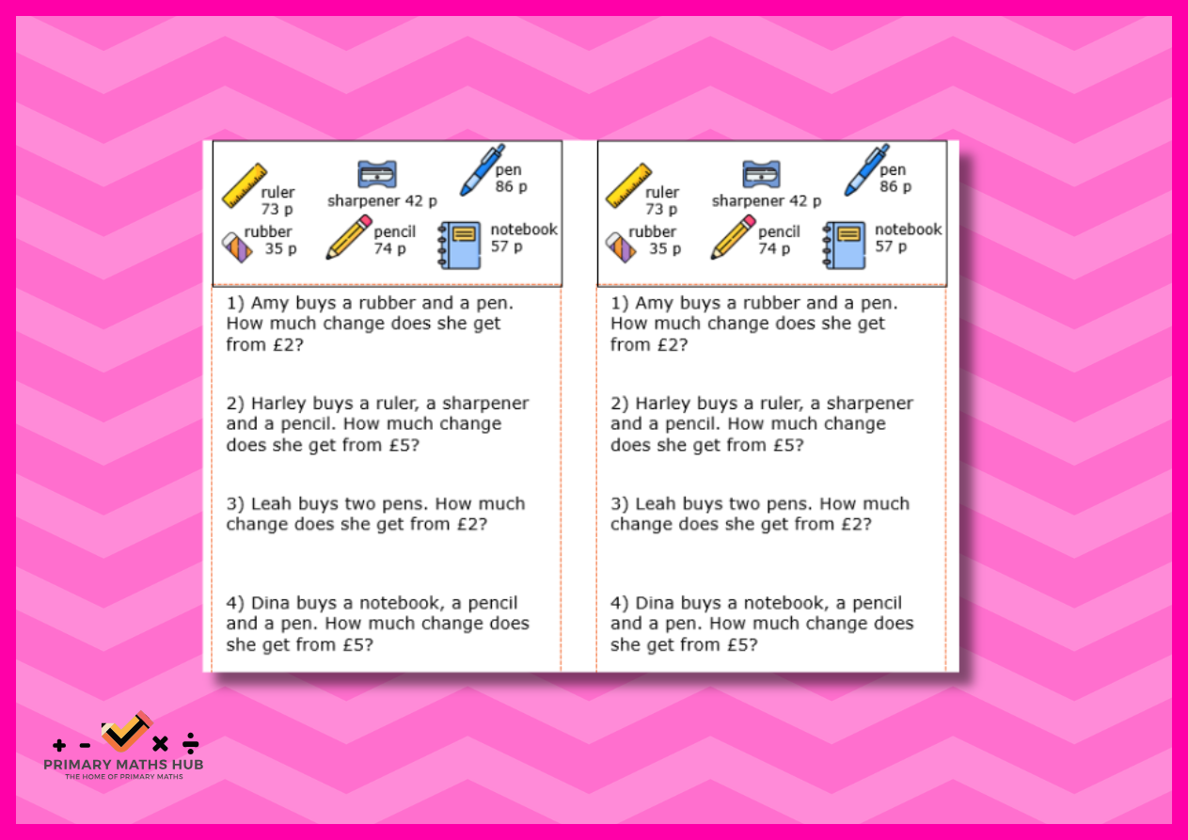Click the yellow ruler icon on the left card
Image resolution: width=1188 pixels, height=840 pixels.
point(244,185)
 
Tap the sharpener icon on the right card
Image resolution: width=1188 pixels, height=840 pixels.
point(761,174)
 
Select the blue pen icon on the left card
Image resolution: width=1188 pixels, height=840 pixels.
point(482,169)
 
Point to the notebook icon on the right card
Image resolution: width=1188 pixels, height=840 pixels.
point(845,246)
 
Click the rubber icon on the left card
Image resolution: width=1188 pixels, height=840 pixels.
point(236,247)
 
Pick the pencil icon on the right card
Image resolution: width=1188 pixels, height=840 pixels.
point(733,237)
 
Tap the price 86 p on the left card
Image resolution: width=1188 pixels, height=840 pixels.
point(512,186)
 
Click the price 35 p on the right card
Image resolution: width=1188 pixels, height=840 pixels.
point(664,248)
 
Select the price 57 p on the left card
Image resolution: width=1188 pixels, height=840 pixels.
point(506,246)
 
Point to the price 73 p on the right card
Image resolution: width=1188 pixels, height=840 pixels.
point(661,209)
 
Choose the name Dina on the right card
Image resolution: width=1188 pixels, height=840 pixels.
point(655,603)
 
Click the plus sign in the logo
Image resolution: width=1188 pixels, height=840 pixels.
point(59,745)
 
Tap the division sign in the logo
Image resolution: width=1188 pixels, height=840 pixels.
point(190,743)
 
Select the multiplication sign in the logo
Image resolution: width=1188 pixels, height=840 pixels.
point(160,744)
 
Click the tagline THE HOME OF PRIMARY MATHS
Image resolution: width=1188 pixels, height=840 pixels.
point(124,777)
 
